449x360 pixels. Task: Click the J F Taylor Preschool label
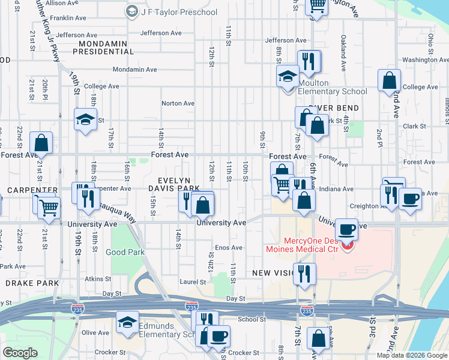pyautogui.click(x=178, y=12)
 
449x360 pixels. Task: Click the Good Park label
pyautogui.click(x=125, y=253)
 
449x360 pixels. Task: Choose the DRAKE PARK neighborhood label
pyautogui.click(x=32, y=283)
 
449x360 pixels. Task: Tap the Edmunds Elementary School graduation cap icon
pyautogui.click(x=127, y=322)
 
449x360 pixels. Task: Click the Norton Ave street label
pyautogui.click(x=178, y=103)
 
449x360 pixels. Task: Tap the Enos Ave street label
pyautogui.click(x=229, y=247)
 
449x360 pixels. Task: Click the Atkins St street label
pyautogui.click(x=94, y=278)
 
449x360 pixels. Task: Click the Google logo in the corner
pyautogui.click(x=20, y=353)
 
